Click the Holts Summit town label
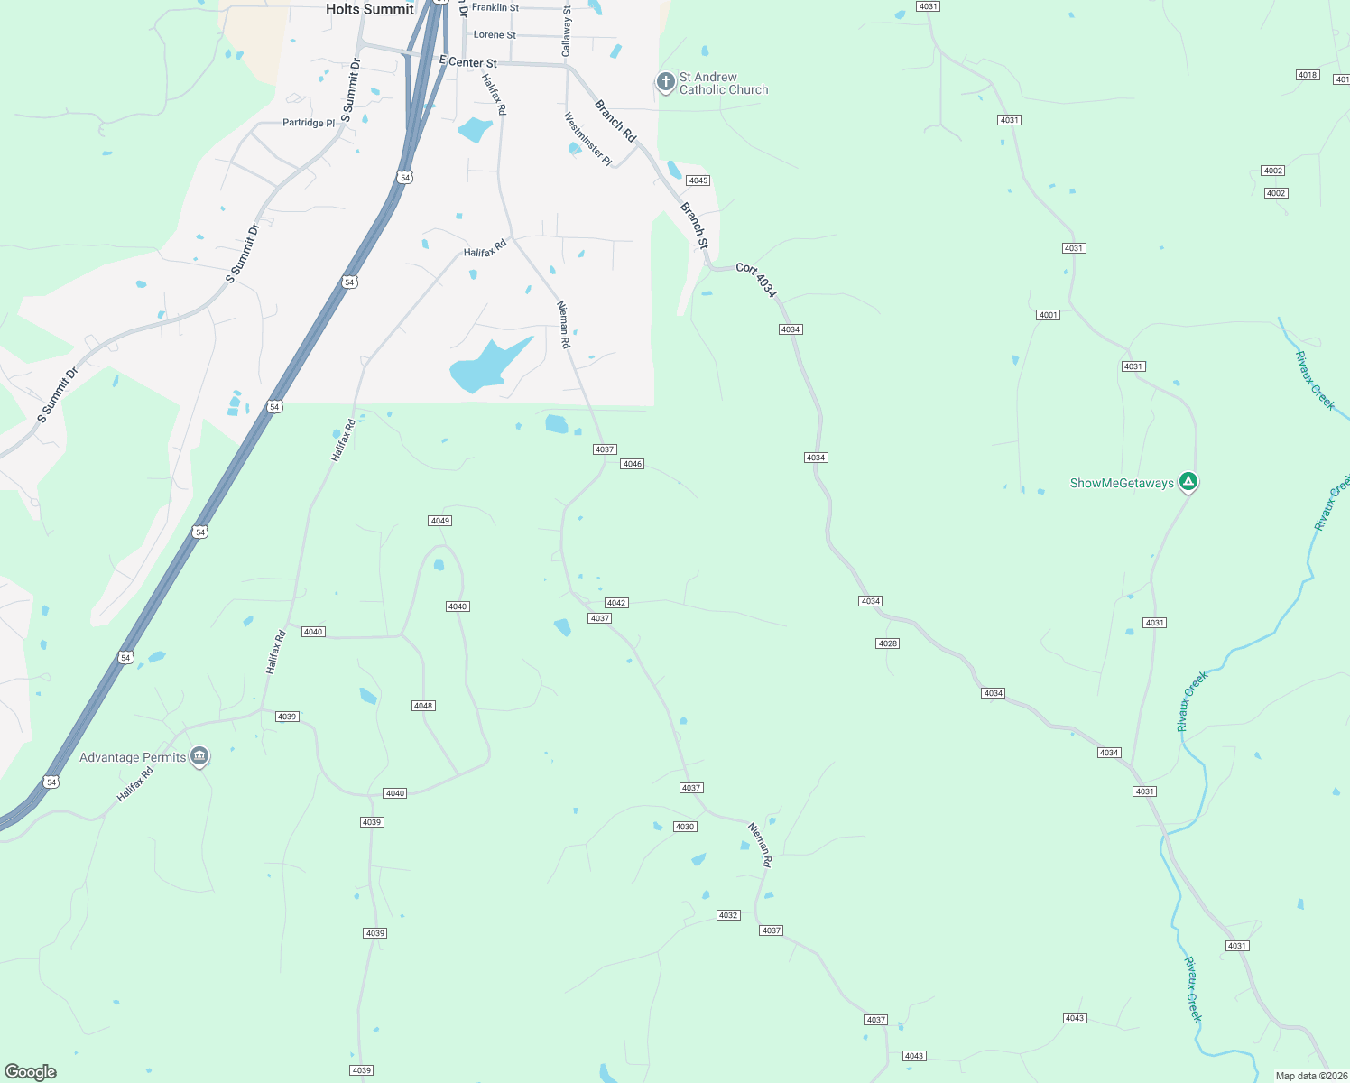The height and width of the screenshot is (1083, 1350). pyautogui.click(x=369, y=9)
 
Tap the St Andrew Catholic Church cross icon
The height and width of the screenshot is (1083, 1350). pyautogui.click(x=665, y=83)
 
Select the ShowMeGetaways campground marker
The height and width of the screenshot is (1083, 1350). pyautogui.click(x=1189, y=482)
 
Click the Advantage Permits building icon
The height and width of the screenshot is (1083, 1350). pyautogui.click(x=200, y=756)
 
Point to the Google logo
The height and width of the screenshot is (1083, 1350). pyautogui.click(x=30, y=1072)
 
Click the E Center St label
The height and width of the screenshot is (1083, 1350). pyautogui.click(x=467, y=62)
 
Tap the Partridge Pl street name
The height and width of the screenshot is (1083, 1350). pyautogui.click(x=309, y=123)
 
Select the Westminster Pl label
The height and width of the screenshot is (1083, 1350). pyautogui.click(x=587, y=139)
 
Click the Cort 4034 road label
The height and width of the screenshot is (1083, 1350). pyautogui.click(x=756, y=280)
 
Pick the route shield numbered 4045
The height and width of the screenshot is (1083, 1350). pyautogui.click(x=698, y=180)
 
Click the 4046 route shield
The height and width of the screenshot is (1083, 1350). pyautogui.click(x=632, y=464)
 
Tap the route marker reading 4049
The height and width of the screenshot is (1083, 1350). pyautogui.click(x=439, y=521)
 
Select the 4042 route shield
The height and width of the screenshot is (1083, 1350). pyautogui.click(x=616, y=603)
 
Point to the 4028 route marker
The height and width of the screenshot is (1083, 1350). pyautogui.click(x=887, y=643)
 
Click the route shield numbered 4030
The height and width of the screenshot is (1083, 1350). pyautogui.click(x=685, y=827)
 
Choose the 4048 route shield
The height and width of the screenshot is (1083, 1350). pyautogui.click(x=423, y=706)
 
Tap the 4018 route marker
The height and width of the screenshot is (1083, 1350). pyautogui.click(x=1308, y=75)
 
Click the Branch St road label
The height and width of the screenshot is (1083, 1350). pyautogui.click(x=695, y=226)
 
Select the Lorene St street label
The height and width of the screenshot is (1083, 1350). pyautogui.click(x=495, y=35)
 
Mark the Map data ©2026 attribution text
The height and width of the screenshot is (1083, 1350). pyautogui.click(x=1311, y=1076)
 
